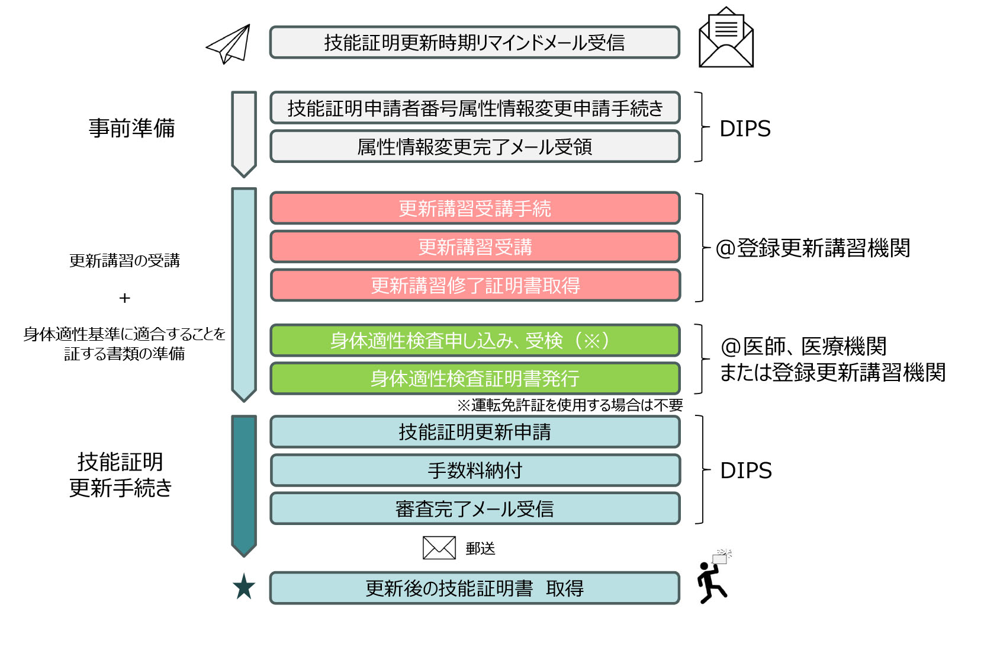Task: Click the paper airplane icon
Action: pyautogui.click(x=230, y=44)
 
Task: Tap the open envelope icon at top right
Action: pyautogui.click(x=726, y=38)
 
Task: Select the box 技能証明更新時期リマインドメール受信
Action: pyautogui.click(x=474, y=43)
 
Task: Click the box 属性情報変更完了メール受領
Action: pyautogui.click(x=474, y=146)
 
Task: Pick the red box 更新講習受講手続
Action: pyautogui.click(x=474, y=209)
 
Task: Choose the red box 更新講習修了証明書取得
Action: pyautogui.click(x=474, y=286)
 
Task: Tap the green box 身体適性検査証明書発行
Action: pyautogui.click(x=474, y=378)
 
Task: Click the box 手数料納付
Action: pyautogui.click(x=474, y=470)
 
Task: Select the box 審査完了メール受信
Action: pyautogui.click(x=474, y=509)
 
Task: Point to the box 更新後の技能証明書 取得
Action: pyautogui.click(x=474, y=588)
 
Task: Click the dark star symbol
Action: pyautogui.click(x=244, y=587)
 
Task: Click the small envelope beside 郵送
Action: pyautogui.click(x=439, y=548)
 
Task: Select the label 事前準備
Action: pyautogui.click(x=131, y=128)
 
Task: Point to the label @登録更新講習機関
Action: pyautogui.click(x=812, y=248)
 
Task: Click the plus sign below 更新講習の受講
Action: pyautogui.click(x=124, y=298)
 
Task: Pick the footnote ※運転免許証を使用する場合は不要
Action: pyautogui.click(x=570, y=405)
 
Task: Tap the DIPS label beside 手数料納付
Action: pyautogui.click(x=745, y=470)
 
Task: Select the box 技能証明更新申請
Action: pyautogui.click(x=474, y=432)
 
